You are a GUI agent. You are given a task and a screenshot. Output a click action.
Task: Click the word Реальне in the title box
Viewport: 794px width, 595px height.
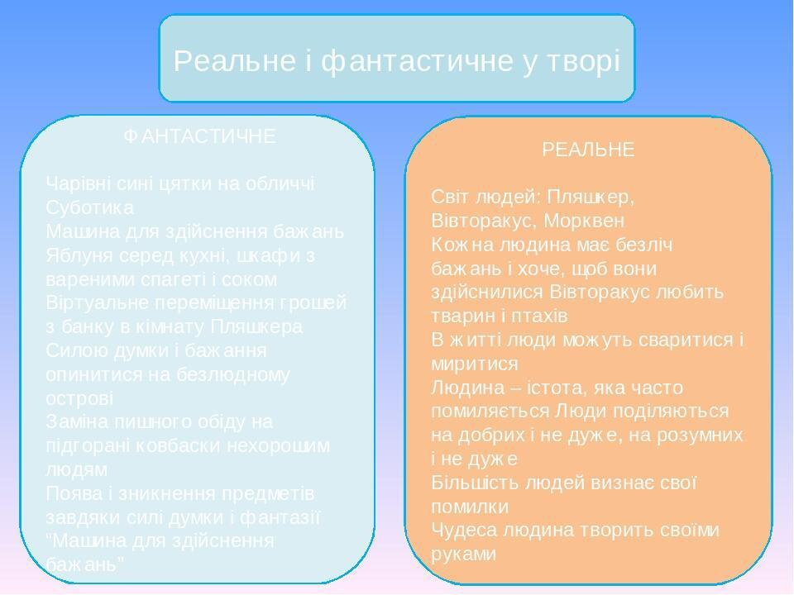click(234, 60)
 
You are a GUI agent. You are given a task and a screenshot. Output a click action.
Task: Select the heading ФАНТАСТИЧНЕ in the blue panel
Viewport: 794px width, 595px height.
click(199, 136)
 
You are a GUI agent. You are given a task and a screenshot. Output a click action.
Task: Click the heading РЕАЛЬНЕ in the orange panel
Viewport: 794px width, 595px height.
click(588, 150)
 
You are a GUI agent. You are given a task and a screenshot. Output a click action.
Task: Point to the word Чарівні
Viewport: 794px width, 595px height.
click(79, 183)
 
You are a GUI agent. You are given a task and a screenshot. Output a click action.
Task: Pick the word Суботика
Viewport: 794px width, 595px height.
click(89, 207)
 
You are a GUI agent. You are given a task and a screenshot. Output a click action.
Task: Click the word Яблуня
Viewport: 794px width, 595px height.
click(79, 255)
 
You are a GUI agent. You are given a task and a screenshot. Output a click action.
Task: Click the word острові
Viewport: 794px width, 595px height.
click(79, 398)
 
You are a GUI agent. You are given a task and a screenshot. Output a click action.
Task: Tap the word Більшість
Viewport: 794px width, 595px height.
click(475, 482)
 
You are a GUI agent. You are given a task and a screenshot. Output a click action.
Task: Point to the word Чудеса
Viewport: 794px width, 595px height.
click(464, 530)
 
